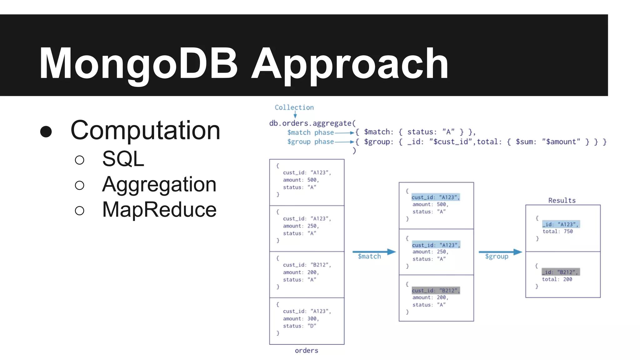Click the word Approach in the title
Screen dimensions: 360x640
(350, 63)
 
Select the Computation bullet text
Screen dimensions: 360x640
(145, 130)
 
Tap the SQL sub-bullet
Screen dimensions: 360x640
(123, 159)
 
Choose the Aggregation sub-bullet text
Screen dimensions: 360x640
(159, 184)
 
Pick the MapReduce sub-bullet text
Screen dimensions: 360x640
(159, 209)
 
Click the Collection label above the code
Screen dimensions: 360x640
(294, 107)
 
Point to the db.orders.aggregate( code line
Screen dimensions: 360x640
(312, 123)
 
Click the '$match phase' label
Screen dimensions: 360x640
(310, 132)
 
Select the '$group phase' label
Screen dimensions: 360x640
(310, 142)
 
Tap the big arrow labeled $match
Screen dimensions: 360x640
(374, 252)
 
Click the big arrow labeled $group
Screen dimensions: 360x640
(500, 252)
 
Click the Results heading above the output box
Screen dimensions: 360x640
(562, 200)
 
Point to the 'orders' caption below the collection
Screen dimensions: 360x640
(306, 351)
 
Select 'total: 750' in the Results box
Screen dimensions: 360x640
(557, 232)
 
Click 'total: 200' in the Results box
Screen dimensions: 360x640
(557, 279)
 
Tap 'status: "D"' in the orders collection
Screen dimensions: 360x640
(299, 326)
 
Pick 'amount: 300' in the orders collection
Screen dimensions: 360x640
(301, 319)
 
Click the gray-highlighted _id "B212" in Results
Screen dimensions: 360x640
(561, 272)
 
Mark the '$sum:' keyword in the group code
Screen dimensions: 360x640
(526, 142)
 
